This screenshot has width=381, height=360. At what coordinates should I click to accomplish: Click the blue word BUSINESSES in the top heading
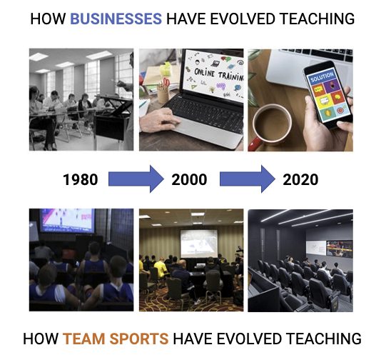(116, 19)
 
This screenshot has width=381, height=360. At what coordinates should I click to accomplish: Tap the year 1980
(81, 179)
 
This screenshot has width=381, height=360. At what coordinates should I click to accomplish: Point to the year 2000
(189, 179)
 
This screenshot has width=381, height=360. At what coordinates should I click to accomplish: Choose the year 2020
(300, 179)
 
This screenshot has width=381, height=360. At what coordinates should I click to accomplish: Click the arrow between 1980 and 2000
(136, 179)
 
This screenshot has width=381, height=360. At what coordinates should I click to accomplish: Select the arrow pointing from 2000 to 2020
(248, 179)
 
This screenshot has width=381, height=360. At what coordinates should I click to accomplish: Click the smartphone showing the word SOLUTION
(328, 95)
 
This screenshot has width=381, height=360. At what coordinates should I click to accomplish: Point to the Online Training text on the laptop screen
(219, 74)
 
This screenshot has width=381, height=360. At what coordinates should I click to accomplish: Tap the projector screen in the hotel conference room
(199, 244)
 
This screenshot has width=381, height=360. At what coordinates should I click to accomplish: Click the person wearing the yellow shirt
(161, 267)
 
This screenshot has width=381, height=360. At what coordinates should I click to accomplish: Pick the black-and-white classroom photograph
(81, 99)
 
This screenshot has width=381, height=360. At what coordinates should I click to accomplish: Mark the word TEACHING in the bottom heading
(323, 339)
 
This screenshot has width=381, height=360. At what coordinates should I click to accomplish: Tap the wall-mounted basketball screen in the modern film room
(339, 249)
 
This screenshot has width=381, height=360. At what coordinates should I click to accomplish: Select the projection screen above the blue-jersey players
(67, 221)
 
